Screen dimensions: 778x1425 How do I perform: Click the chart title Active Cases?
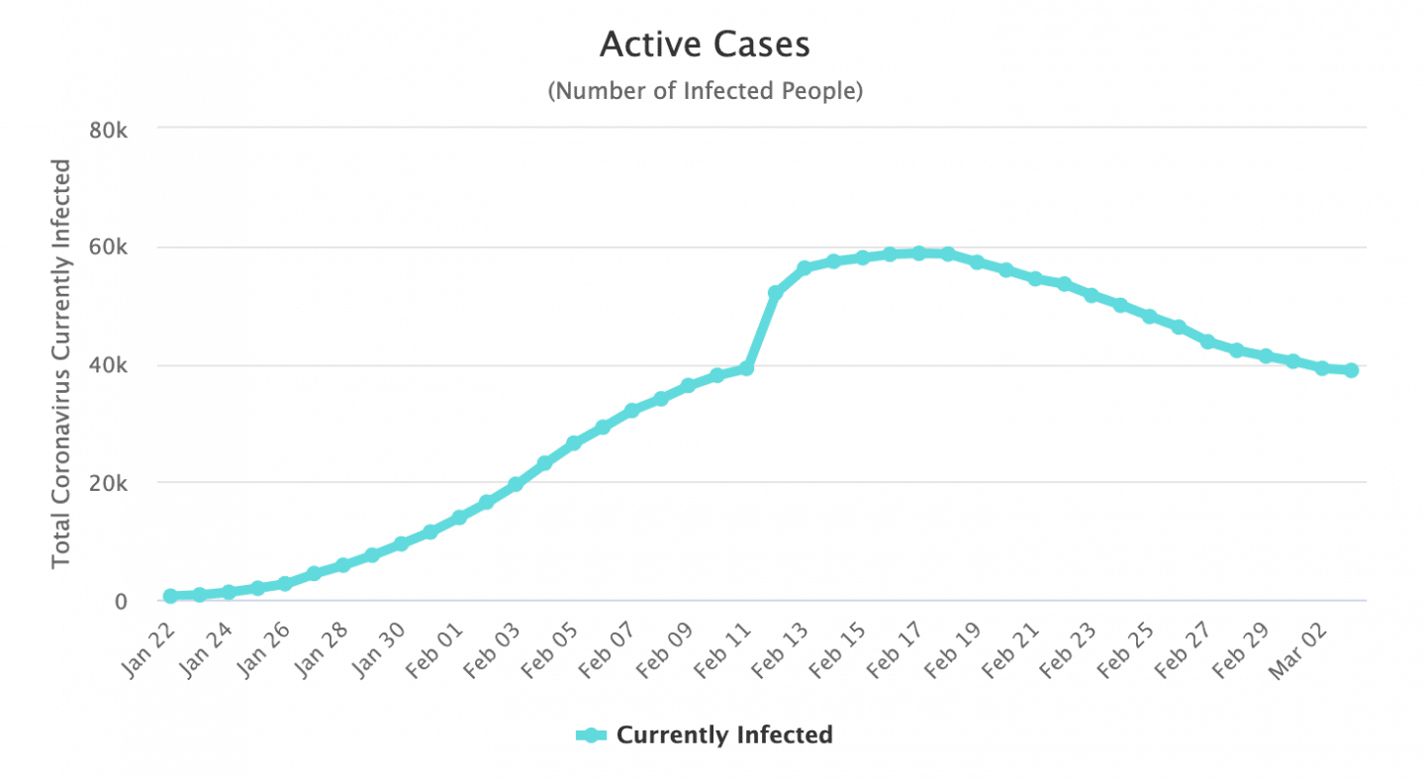pyautogui.click(x=705, y=45)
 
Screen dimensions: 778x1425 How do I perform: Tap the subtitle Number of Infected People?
pyautogui.click(x=705, y=91)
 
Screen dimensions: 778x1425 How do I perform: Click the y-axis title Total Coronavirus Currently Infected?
pyautogui.click(x=61, y=363)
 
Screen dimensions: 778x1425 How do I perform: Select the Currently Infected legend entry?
pyautogui.click(x=705, y=735)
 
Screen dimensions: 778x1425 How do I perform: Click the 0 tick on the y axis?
pyautogui.click(x=120, y=601)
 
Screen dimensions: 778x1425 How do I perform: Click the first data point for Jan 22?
pyautogui.click(x=170, y=596)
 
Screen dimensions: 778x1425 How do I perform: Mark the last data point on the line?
pyautogui.click(x=1351, y=370)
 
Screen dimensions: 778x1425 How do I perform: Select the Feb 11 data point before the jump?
pyautogui.click(x=746, y=368)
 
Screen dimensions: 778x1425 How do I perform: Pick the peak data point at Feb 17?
pyautogui.click(x=918, y=253)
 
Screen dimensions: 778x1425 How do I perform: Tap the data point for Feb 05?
pyautogui.click(x=573, y=443)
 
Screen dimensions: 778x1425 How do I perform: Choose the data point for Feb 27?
pyautogui.click(x=1207, y=341)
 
